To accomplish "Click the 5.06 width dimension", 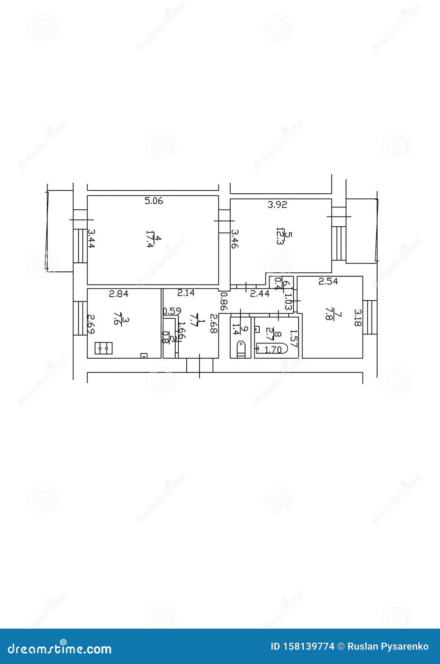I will coord(154,201).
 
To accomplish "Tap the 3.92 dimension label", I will coord(277,205).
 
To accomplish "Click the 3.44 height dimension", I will coord(91,238).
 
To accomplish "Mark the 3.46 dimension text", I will coord(234,239).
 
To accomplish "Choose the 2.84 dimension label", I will coord(119,293).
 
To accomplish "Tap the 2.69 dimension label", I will coord(90,324).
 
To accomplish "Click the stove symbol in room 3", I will coord(104,348).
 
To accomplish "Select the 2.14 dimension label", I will coord(186,293).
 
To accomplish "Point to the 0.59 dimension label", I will coord(172,311).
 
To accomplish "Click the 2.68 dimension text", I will coord(213,323).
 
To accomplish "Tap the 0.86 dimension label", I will coord(224,301).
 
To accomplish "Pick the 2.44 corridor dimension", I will coord(260,293).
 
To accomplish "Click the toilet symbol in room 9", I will coord(240,349).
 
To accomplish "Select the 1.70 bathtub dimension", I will coord(273,349).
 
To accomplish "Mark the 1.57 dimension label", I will coord(293,338).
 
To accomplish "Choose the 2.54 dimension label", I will coord(328,281).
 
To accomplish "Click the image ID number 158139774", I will coord(313,646).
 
